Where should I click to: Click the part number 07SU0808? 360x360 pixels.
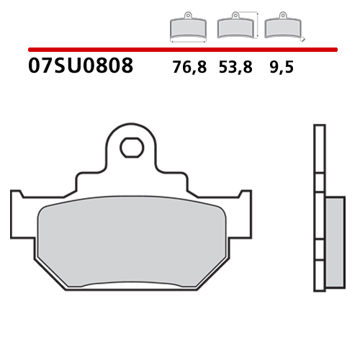[81, 67]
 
